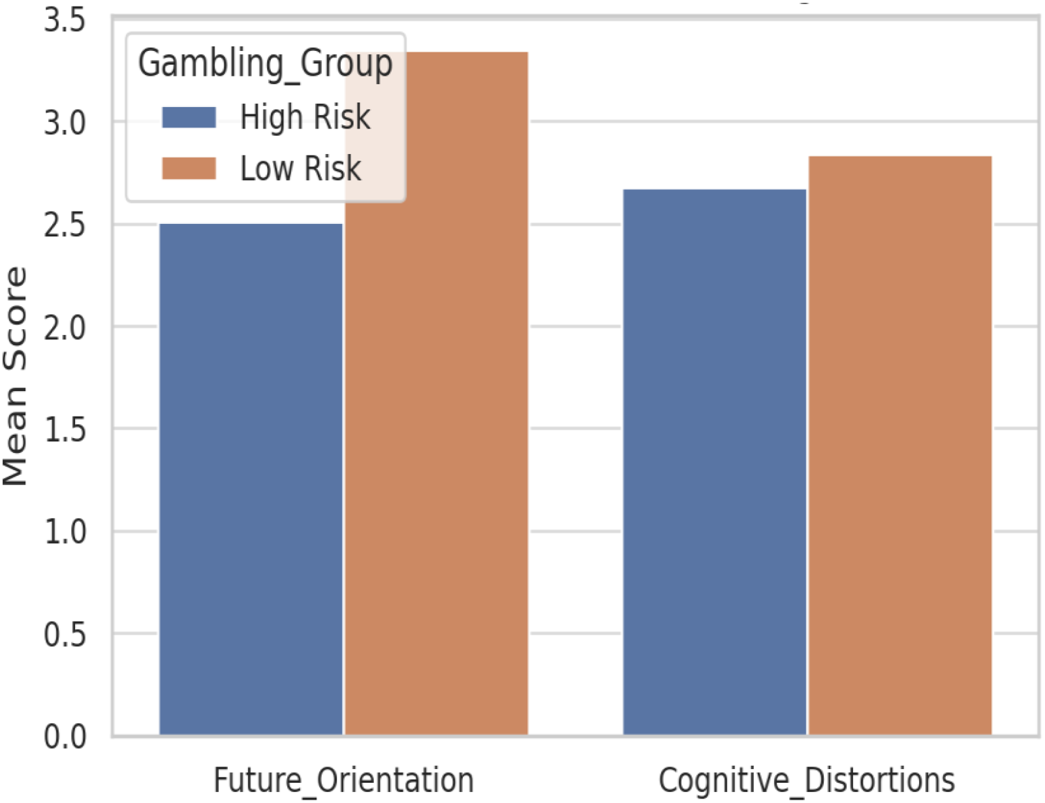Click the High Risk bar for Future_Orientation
pyautogui.click(x=251, y=480)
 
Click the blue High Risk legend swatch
pyautogui.click(x=189, y=118)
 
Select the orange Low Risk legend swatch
pyautogui.click(x=189, y=168)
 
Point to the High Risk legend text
pyautogui.click(x=305, y=118)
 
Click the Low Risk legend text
pyautogui.click(x=300, y=168)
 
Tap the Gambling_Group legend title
pyautogui.click(x=265, y=64)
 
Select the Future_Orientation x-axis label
pyautogui.click(x=343, y=780)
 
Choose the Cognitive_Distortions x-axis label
pyautogui.click(x=807, y=780)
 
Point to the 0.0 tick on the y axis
pyautogui.click(x=65, y=737)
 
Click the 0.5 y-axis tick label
pyautogui.click(x=65, y=635)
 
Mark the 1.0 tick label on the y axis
pyautogui.click(x=65, y=532)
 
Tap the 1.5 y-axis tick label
pyautogui.click(x=65, y=430)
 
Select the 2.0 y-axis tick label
pyautogui.click(x=65, y=327)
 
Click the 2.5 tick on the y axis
pyautogui.click(x=65, y=225)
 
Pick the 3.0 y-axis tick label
pyautogui.click(x=65, y=123)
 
